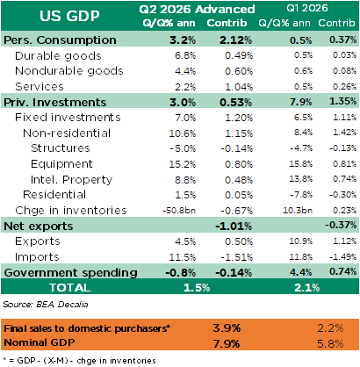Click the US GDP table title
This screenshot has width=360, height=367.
tap(69, 16)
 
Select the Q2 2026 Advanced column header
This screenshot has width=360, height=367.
tap(197, 10)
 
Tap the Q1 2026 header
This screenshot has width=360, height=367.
tap(307, 8)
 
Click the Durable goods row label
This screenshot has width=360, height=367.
tap(58, 55)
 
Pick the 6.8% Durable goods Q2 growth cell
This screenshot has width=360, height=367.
tap(185, 55)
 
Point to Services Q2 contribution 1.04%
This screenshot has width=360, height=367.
tap(239, 87)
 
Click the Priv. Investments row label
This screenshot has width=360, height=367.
tap(55, 103)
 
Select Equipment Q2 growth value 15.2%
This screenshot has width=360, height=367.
tap(183, 164)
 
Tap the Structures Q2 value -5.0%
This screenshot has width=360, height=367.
tap(183, 148)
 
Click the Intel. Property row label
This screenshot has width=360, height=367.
tap(72, 179)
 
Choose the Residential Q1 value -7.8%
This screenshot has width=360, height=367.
tap(301, 195)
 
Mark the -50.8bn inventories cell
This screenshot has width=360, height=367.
tap(179, 211)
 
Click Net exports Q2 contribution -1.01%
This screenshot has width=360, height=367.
tap(234, 227)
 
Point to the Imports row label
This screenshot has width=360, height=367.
tap(37, 257)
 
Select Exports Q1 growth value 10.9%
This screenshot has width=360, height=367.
tap(301, 241)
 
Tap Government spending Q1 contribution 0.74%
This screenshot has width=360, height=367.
tap(343, 271)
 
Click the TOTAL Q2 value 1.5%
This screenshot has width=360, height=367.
tap(197, 288)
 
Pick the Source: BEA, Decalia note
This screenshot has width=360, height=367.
tap(46, 305)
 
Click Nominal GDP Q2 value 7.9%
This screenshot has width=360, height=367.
tap(227, 343)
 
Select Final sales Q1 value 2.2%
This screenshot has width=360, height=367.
tap(330, 328)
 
